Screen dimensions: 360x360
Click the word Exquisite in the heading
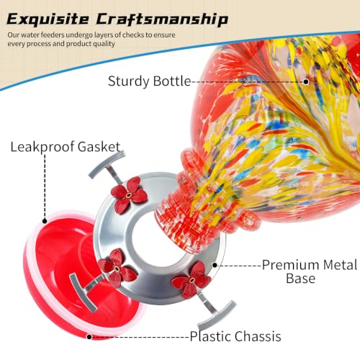(x=48, y=19)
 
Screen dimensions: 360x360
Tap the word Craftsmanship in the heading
(x=162, y=19)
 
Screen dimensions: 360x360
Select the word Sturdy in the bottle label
(x=128, y=81)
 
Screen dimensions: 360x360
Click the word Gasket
(x=99, y=146)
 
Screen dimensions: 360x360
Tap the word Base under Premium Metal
(x=300, y=279)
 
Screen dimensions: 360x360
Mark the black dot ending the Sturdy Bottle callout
(x=306, y=81)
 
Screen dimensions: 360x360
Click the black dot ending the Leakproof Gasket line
(x=45, y=221)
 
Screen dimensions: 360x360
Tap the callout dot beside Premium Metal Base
(x=215, y=265)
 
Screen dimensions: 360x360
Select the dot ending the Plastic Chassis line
(x=89, y=337)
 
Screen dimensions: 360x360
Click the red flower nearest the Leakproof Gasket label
(x=129, y=195)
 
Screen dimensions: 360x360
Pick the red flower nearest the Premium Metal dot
(x=192, y=280)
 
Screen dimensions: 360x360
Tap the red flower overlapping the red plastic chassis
(x=117, y=268)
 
